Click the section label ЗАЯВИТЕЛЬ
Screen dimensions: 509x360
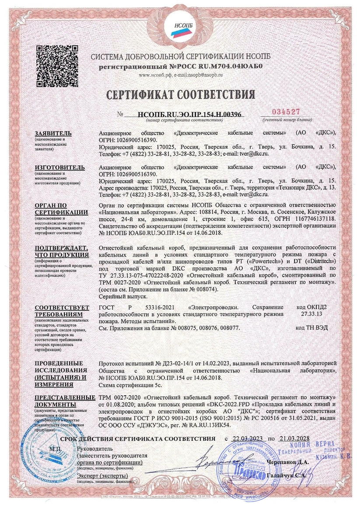click(x=54, y=133)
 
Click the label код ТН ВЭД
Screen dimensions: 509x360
click(x=311, y=328)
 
